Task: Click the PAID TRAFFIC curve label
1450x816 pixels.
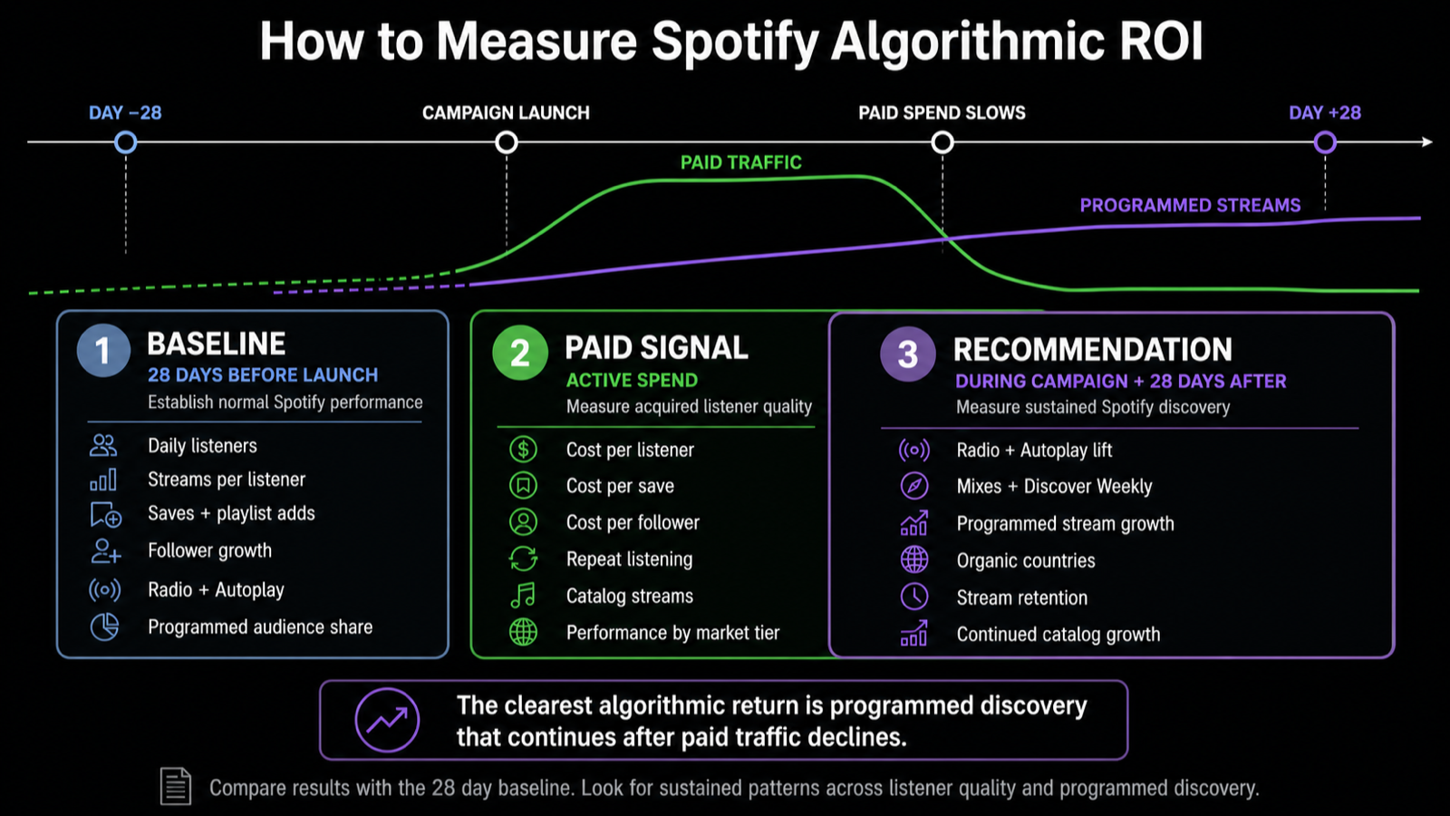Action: pyautogui.click(x=741, y=162)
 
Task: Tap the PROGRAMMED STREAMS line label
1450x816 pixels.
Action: pyautogui.click(x=1191, y=205)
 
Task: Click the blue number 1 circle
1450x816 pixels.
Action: pyautogui.click(x=103, y=350)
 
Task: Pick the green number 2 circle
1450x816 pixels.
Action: pyautogui.click(x=520, y=353)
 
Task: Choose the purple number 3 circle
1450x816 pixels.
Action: pyautogui.click(x=907, y=354)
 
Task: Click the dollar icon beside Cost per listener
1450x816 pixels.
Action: pyautogui.click(x=523, y=450)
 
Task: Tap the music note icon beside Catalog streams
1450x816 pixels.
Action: pyautogui.click(x=523, y=595)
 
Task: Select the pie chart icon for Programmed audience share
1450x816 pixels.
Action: pyautogui.click(x=104, y=627)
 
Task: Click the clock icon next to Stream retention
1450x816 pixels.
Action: pyautogui.click(x=914, y=597)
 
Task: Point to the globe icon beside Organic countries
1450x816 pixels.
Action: pyautogui.click(x=914, y=559)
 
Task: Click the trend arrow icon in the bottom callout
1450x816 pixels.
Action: pyautogui.click(x=387, y=720)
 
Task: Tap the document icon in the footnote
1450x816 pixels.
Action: pyautogui.click(x=176, y=786)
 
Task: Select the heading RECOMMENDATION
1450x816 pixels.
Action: pyautogui.click(x=1093, y=350)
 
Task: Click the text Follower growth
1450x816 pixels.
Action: pyautogui.click(x=209, y=550)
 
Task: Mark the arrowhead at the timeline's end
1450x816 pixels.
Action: pyautogui.click(x=1427, y=141)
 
